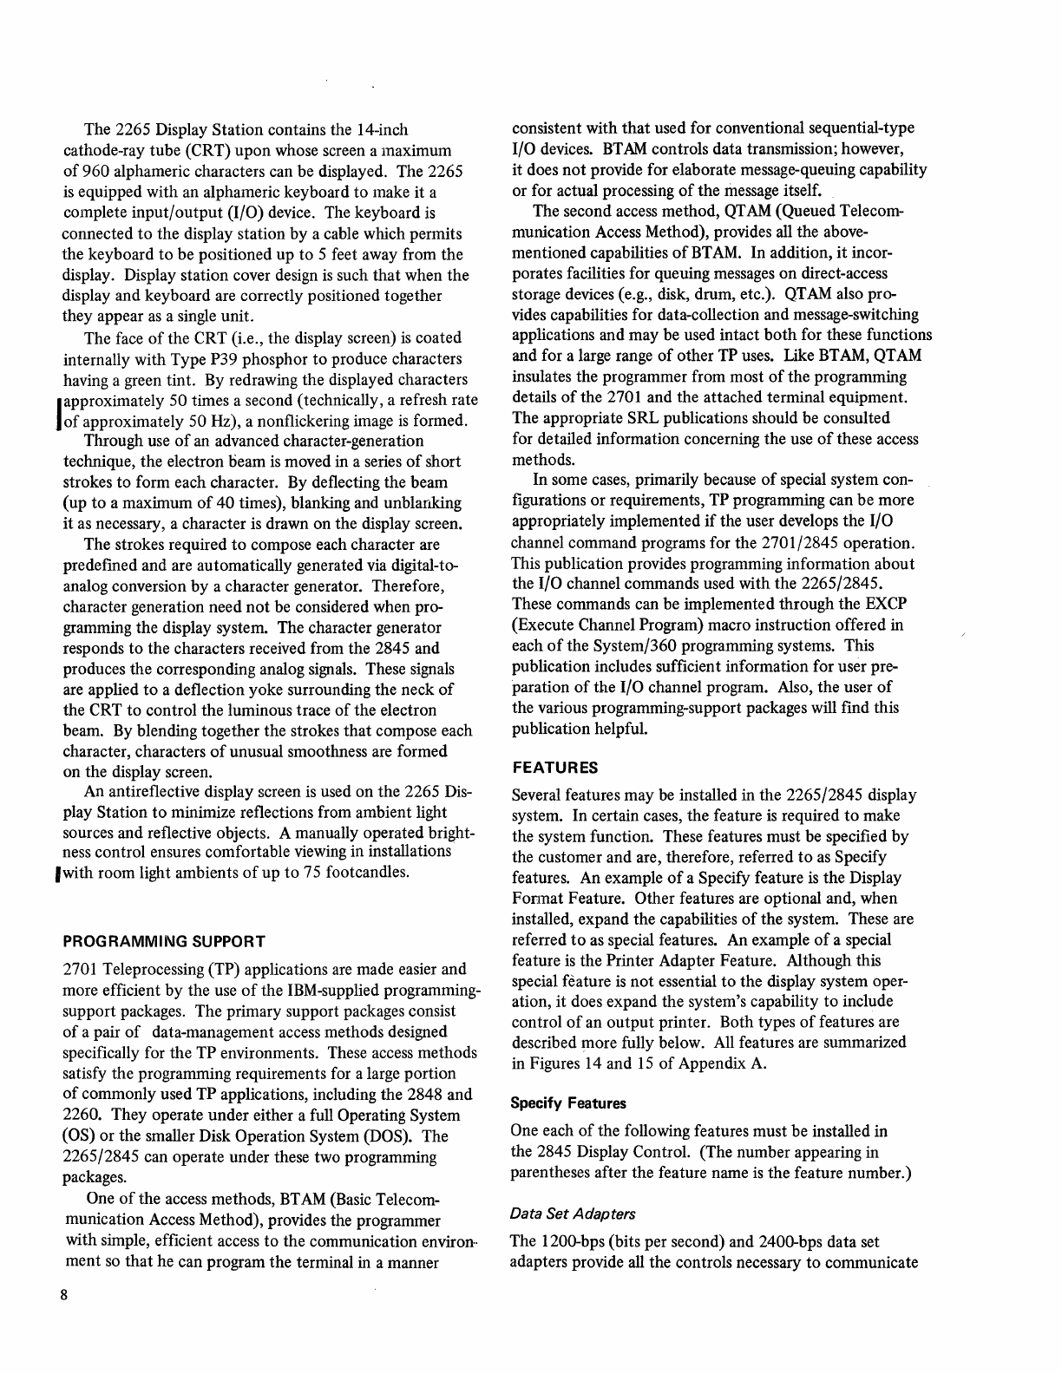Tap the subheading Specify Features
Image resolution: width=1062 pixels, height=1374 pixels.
[568, 1103]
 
